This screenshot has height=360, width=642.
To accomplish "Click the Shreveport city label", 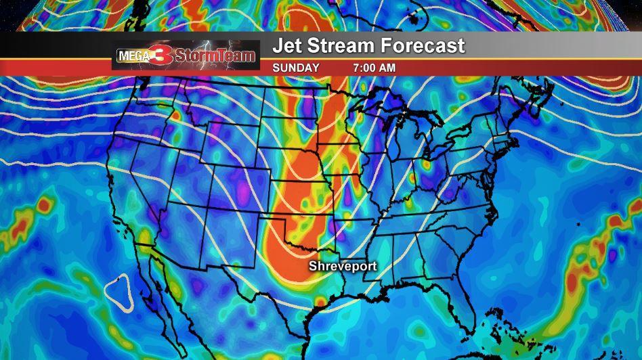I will point(342,267).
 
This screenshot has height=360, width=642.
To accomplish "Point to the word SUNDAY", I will point(296,68).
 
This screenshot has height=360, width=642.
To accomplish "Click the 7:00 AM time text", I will point(374,68).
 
